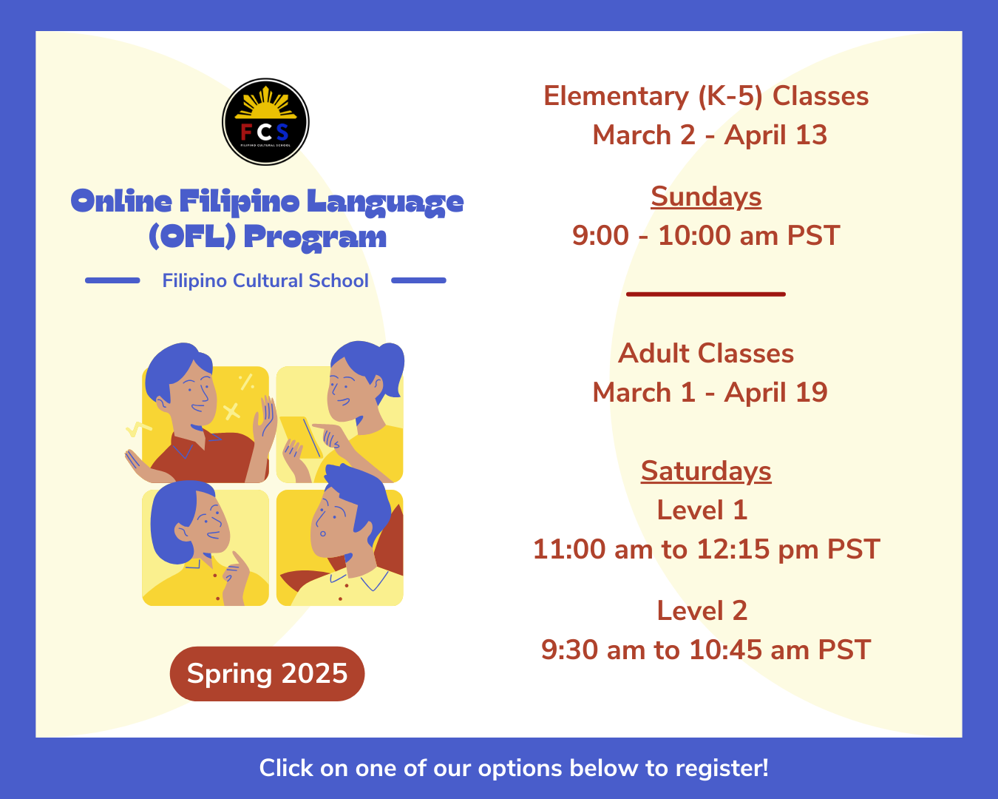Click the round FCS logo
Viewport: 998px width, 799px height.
[265, 122]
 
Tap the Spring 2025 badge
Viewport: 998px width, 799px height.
[267, 673]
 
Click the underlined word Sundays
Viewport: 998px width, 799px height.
[706, 197]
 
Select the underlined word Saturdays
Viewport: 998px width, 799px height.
[706, 471]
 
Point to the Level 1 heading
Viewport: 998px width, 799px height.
[702, 510]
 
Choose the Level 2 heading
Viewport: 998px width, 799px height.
[702, 610]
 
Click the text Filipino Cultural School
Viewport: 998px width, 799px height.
[265, 281]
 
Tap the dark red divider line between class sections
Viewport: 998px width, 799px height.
[706, 294]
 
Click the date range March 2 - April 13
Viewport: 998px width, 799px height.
[710, 135]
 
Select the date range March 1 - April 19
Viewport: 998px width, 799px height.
[710, 393]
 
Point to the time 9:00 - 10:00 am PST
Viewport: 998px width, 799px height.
[706, 236]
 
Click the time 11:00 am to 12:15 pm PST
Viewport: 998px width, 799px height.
[706, 550]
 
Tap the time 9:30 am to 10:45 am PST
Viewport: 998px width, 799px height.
[706, 650]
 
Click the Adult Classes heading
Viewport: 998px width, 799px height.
[706, 354]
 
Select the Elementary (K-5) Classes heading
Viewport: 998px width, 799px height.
[706, 96]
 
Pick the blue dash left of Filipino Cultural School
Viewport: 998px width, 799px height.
[112, 280]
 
